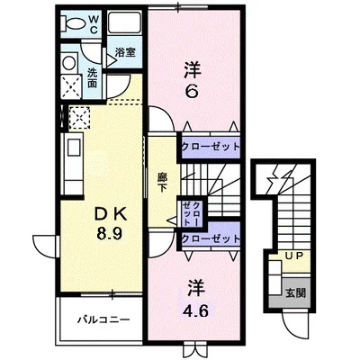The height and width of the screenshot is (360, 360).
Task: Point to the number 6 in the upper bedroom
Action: coord(192,91)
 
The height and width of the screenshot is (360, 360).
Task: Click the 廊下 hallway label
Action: coord(162,184)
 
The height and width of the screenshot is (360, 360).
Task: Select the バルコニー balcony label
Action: coord(102,319)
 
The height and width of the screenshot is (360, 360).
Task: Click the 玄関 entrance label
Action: coord(296,292)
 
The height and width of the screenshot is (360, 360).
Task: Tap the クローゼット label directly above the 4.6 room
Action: coord(210,238)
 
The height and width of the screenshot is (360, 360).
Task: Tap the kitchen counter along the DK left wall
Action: coord(71,162)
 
